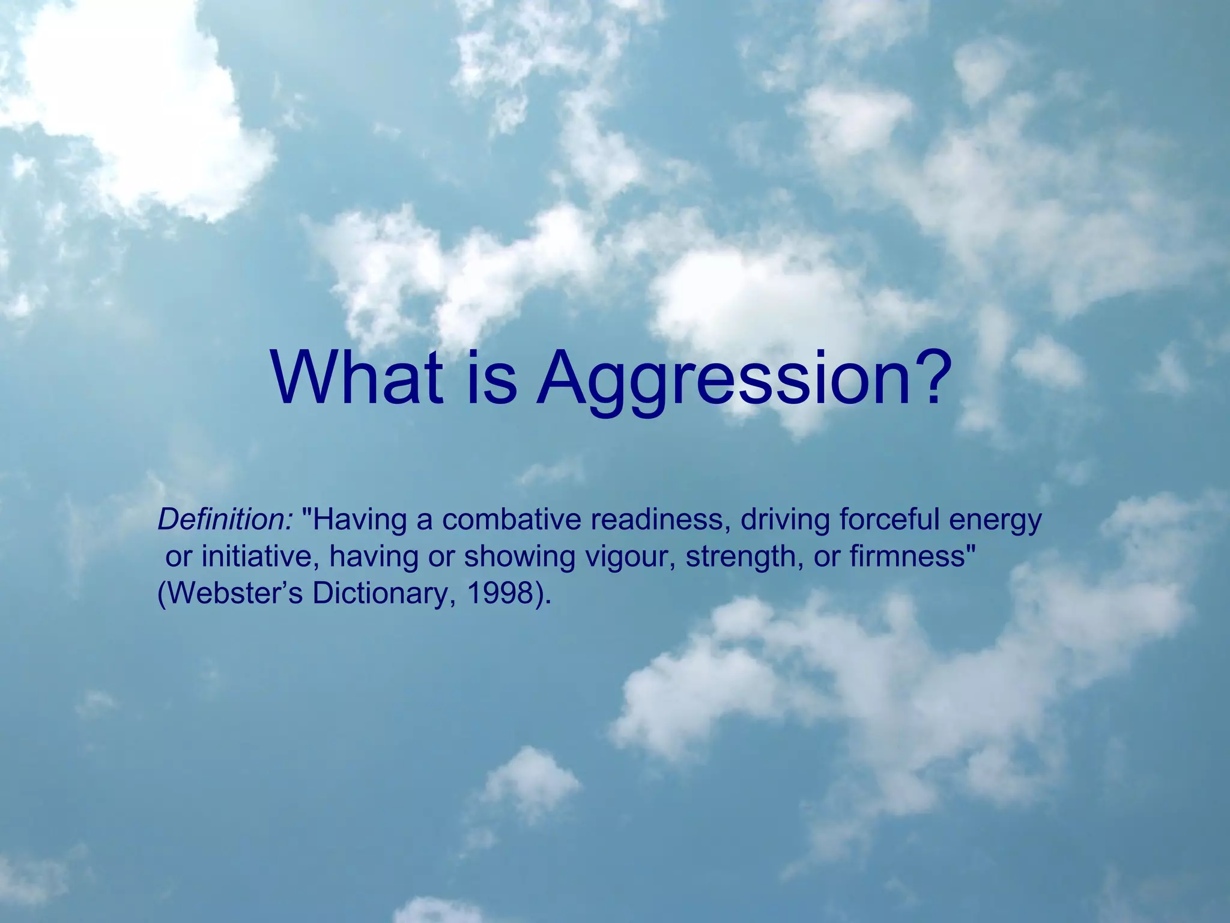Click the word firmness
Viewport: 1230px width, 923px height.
[907, 557]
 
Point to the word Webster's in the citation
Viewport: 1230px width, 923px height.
[231, 594]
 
